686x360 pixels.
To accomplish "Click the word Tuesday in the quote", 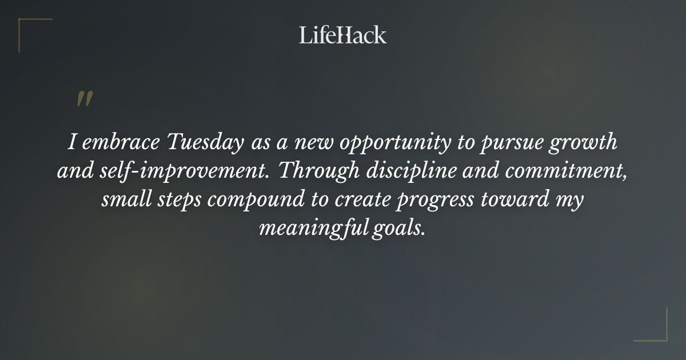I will pyautogui.click(x=205, y=143).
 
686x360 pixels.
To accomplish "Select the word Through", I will pyautogui.click(x=315, y=171).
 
